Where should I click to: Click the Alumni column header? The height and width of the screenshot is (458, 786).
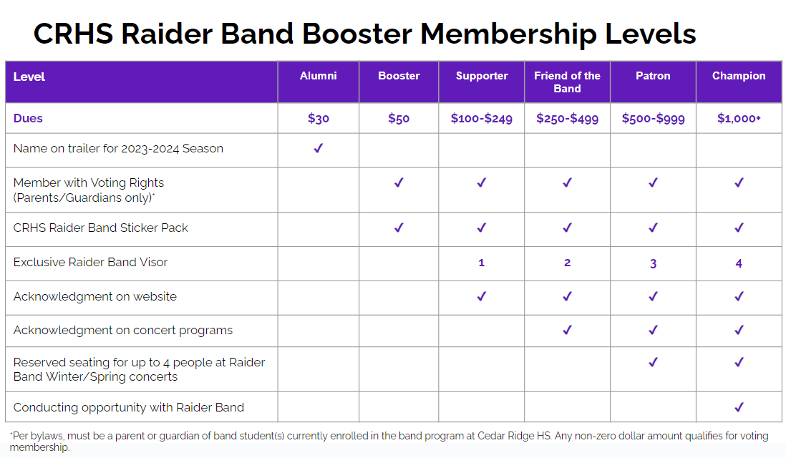[318, 76]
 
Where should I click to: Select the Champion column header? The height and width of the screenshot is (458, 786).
[738, 76]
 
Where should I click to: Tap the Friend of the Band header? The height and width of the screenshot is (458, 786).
[567, 82]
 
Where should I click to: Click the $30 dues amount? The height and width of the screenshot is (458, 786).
[319, 118]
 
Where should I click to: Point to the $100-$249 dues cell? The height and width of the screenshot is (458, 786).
[481, 118]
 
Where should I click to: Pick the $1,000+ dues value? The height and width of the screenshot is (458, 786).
[738, 118]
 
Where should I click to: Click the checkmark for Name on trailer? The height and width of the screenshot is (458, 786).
[319, 148]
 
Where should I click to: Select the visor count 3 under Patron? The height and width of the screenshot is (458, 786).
[653, 263]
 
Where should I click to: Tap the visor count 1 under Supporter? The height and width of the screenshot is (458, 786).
[481, 263]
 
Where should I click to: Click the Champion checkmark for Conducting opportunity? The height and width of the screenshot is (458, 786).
[739, 407]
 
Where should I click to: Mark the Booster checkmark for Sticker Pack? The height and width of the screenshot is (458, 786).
[399, 228]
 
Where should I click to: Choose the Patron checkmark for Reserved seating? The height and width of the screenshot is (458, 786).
[653, 362]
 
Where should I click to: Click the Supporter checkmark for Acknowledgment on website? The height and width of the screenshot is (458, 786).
[481, 296]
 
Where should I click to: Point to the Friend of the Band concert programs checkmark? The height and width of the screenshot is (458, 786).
[567, 330]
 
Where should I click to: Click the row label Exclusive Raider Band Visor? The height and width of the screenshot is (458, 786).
[90, 262]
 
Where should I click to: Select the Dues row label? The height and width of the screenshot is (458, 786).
[28, 118]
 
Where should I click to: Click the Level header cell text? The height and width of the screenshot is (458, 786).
[29, 77]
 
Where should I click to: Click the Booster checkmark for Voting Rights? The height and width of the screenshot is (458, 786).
[399, 182]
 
